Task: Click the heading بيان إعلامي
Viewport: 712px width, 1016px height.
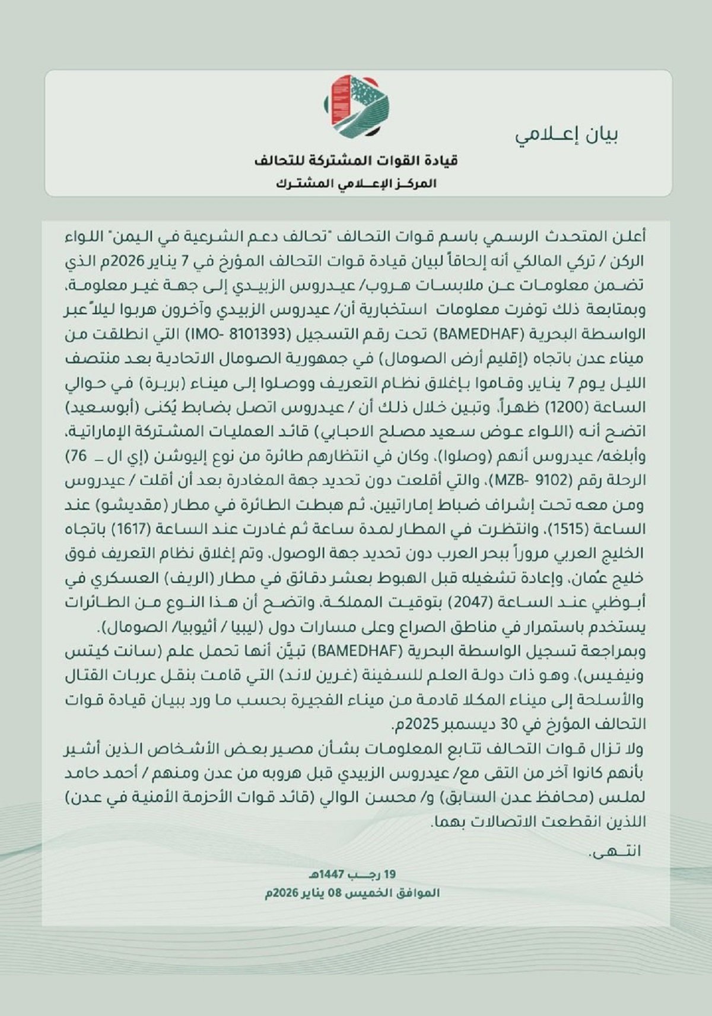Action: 567,135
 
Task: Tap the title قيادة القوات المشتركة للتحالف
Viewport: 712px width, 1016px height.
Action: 356,161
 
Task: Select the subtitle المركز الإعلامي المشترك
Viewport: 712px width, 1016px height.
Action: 356,184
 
